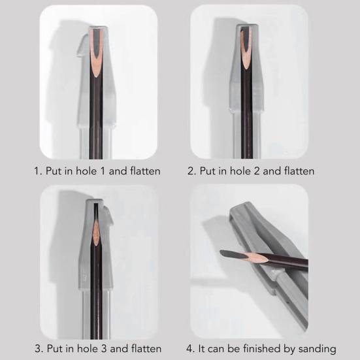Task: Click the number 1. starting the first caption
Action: (x=38, y=171)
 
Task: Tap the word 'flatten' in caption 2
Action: (x=297, y=171)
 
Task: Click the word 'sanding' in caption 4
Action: (x=316, y=348)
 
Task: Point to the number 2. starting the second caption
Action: (x=191, y=171)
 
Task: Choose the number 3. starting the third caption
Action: (x=38, y=348)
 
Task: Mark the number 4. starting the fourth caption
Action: (x=191, y=348)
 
